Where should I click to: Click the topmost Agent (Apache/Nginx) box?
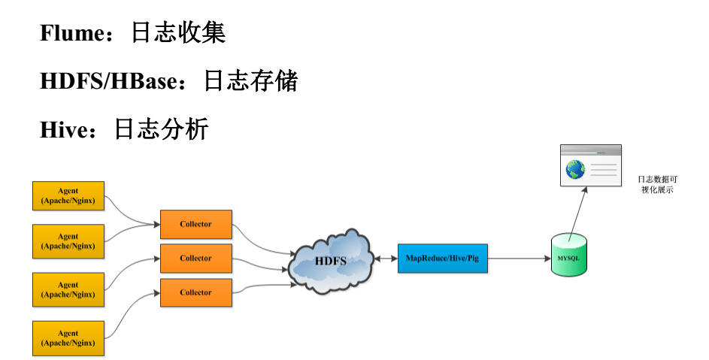click(68, 195)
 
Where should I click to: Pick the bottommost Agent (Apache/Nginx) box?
click(68, 338)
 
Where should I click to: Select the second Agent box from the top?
click(68, 241)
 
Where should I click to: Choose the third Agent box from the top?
click(68, 290)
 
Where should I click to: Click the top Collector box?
click(195, 224)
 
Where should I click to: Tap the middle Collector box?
click(195, 259)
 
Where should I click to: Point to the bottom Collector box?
click(195, 292)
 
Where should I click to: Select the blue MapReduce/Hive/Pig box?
click(442, 259)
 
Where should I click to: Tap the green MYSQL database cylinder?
click(569, 256)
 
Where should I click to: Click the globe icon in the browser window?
click(576, 171)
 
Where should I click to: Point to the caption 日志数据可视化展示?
click(656, 185)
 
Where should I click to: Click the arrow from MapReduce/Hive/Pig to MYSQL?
click(519, 259)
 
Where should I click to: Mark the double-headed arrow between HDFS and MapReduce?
click(386, 259)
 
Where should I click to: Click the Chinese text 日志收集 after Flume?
click(178, 33)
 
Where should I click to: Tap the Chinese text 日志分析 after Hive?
click(161, 129)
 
